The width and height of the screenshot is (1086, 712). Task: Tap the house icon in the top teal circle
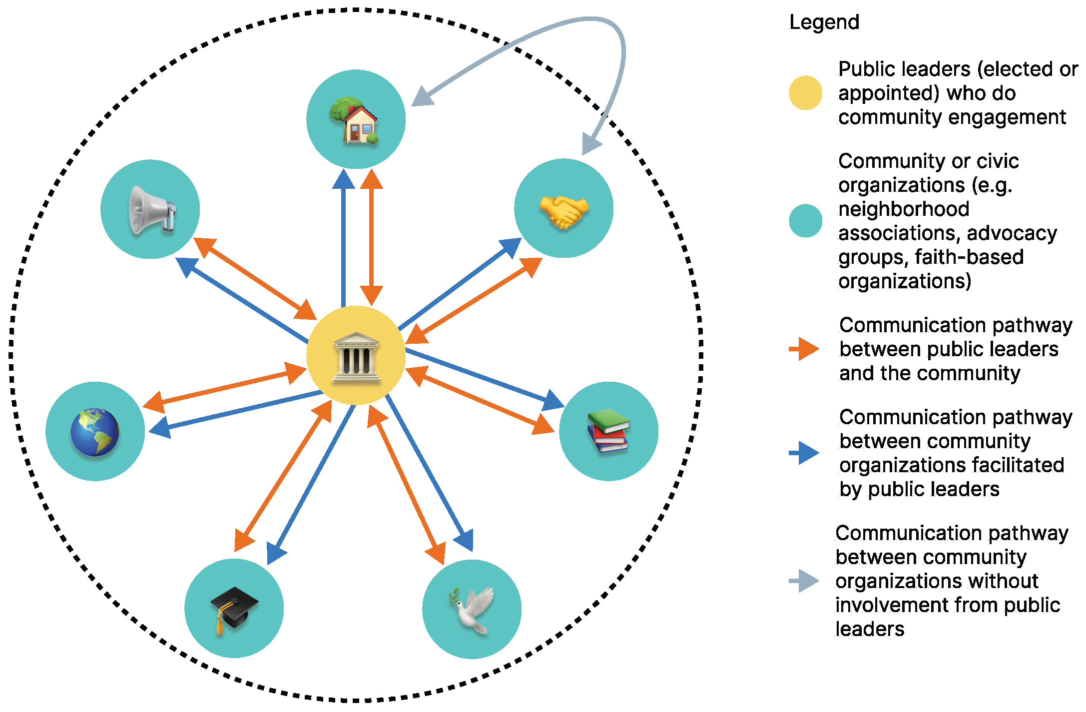[355, 120]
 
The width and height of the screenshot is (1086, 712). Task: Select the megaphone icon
[151, 210]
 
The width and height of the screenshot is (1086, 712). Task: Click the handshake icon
[564, 211]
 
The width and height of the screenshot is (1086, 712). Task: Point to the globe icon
[95, 432]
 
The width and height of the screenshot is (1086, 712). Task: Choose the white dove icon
[472, 611]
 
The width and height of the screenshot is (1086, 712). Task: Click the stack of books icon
[608, 431]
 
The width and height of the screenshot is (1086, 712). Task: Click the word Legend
[824, 22]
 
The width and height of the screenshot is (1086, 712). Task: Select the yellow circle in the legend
[805, 93]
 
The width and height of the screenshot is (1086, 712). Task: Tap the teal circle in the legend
[805, 220]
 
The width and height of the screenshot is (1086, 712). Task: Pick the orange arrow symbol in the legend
[804, 349]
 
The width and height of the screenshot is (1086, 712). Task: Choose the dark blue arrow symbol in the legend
[804, 453]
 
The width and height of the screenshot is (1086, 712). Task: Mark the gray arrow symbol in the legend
[804, 581]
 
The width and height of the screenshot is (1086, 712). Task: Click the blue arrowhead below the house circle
[344, 179]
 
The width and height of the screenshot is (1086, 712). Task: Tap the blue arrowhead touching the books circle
[553, 400]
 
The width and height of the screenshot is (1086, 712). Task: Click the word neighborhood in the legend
[904, 209]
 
